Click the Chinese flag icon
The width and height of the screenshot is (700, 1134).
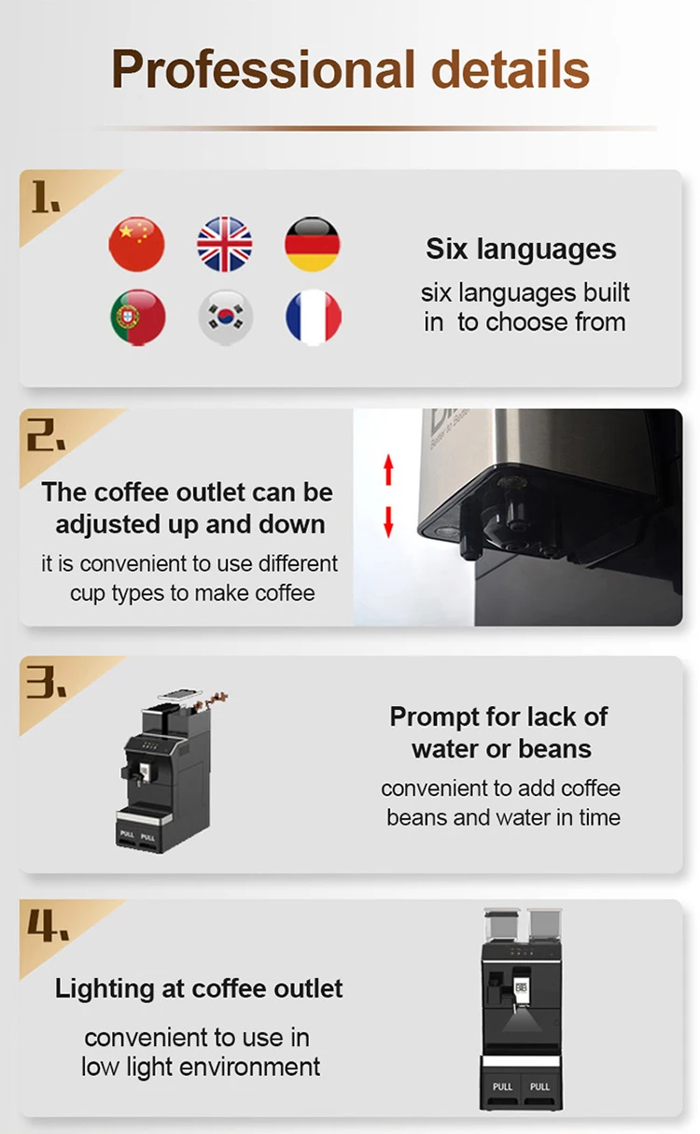pyautogui.click(x=137, y=244)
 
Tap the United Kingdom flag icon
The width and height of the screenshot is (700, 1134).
pyautogui.click(x=225, y=244)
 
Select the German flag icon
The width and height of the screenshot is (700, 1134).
pyautogui.click(x=312, y=244)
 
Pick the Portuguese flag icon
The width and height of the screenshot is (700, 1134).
pyautogui.click(x=137, y=318)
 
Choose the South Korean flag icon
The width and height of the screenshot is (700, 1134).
pyautogui.click(x=225, y=318)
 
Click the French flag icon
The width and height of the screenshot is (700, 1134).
pyautogui.click(x=313, y=318)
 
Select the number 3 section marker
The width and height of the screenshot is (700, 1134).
pyautogui.click(x=46, y=685)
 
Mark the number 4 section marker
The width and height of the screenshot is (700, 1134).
pyautogui.click(x=47, y=928)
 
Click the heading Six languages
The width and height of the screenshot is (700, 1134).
pyautogui.click(x=521, y=249)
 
